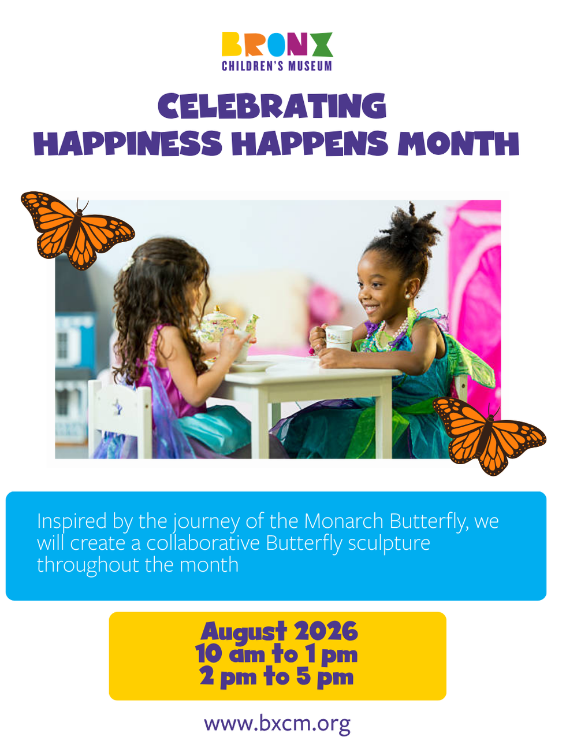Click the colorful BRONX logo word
(277, 44)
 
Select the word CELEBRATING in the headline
(272, 106)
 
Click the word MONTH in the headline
(458, 143)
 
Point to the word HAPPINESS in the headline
(128, 143)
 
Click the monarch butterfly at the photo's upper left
(77, 230)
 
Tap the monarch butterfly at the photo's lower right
(489, 435)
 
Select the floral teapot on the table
(225, 325)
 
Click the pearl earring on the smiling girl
(408, 296)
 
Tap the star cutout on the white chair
(118, 408)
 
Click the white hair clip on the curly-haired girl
(128, 264)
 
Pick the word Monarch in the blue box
(344, 521)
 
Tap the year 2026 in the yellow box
(326, 631)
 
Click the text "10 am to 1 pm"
(277, 654)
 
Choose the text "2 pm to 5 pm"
(277, 677)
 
